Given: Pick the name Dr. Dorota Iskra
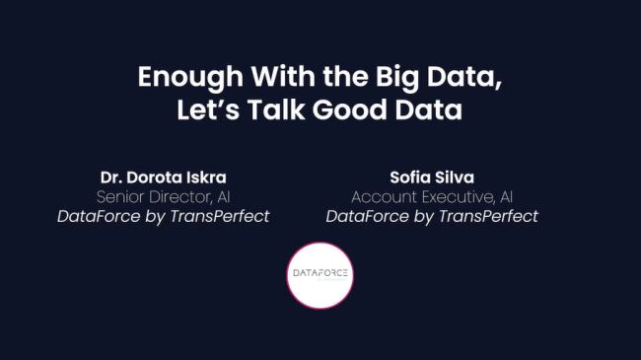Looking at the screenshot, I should pyautogui.click(x=164, y=178).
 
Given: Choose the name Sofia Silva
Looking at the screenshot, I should pyautogui.click(x=432, y=178).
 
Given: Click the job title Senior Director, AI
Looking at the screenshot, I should pyautogui.click(x=164, y=196).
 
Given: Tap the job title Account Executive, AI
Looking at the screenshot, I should pyautogui.click(x=432, y=196).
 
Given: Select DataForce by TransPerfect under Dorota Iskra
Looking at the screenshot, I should pyautogui.click(x=164, y=216).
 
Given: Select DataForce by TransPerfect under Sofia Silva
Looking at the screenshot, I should pyautogui.click(x=432, y=216).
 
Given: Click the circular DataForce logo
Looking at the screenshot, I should pyautogui.click(x=320, y=274).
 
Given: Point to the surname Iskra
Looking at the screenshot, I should pyautogui.click(x=206, y=178).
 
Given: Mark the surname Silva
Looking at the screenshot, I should pyautogui.click(x=452, y=178).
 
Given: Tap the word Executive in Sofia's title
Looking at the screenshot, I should pyautogui.click(x=453, y=196).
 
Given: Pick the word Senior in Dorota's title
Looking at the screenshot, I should pyautogui.click(x=123, y=196).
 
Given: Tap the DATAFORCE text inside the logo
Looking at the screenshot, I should pyautogui.click(x=320, y=272).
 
